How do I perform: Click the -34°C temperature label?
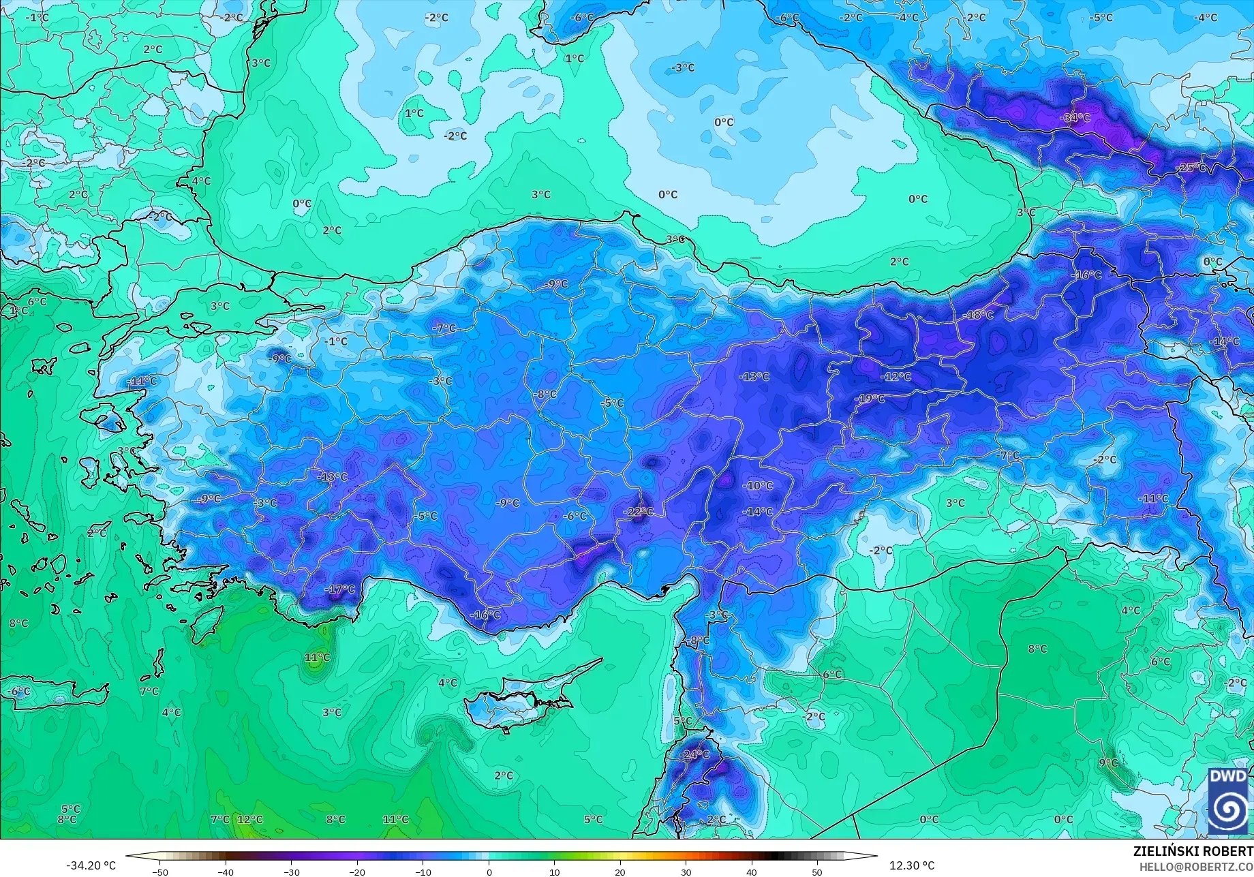click(1075, 118)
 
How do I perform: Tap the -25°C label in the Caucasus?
click(1191, 168)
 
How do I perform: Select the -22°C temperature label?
click(639, 512)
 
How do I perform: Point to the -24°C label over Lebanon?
click(695, 754)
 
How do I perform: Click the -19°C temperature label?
click(870, 399)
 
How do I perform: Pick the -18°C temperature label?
click(979, 315)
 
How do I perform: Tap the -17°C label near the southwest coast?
click(340, 589)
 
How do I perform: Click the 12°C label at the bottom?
click(249, 819)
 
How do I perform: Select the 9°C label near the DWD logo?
click(1108, 763)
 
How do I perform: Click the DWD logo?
click(1229, 801)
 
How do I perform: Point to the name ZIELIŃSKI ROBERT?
click(1192, 851)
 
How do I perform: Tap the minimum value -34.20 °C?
click(91, 865)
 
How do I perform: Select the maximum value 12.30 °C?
click(912, 865)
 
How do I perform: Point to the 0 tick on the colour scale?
click(489, 872)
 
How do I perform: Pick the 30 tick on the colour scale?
click(686, 872)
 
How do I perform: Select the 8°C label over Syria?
click(1037, 649)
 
